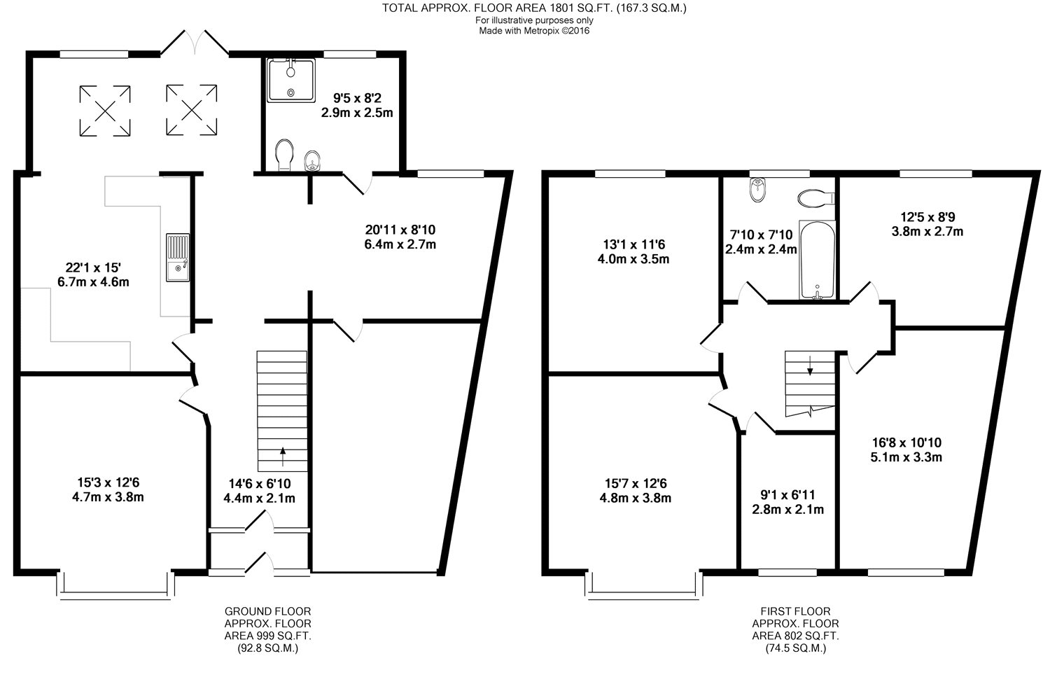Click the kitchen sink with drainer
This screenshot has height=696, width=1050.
tap(178, 258)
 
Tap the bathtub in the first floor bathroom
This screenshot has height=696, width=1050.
tap(817, 260)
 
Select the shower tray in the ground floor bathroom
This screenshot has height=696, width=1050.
tap(291, 81)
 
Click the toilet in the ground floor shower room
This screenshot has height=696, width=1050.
tap(284, 155)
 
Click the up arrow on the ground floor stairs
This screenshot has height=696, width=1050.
tap(283, 457)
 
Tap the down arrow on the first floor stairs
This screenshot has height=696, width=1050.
tap(810, 366)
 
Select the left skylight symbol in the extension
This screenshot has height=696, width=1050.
tap(105, 111)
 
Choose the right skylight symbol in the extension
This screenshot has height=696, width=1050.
tap(192, 110)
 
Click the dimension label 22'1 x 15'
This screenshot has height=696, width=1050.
tap(93, 267)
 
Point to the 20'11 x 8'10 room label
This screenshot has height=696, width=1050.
tap(400, 230)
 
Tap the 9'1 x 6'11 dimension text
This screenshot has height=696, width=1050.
tap(787, 495)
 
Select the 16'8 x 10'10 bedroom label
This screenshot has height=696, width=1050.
tap(906, 443)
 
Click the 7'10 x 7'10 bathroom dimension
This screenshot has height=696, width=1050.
tap(762, 235)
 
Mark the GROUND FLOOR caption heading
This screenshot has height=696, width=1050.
tap(267, 611)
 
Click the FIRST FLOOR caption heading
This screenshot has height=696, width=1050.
tap(795, 611)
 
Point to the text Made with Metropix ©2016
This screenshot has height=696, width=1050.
tap(534, 31)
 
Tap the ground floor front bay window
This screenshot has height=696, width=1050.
tap(115, 585)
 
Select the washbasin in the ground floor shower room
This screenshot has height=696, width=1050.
tap(311, 161)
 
